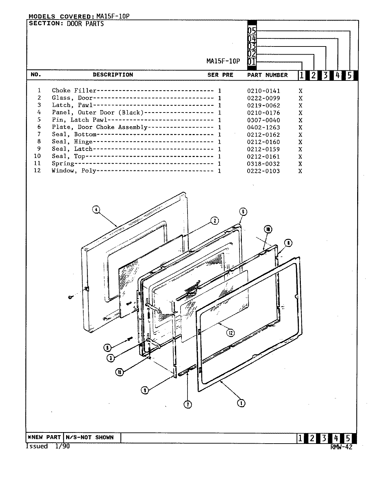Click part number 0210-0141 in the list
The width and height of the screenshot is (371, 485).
pyautogui.click(x=263, y=91)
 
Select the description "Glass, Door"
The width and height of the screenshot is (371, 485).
pyautogui.click(x=72, y=98)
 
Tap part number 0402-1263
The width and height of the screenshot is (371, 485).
pyautogui.click(x=263, y=127)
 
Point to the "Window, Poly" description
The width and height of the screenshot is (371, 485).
pyautogui.click(x=74, y=171)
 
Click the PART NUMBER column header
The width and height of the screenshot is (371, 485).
pyautogui.click(x=267, y=75)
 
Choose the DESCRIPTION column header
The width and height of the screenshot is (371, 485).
pyautogui.click(x=113, y=75)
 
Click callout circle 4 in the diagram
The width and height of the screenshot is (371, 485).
pyautogui.click(x=96, y=209)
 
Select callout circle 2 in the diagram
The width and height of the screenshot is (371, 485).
pyautogui.click(x=214, y=221)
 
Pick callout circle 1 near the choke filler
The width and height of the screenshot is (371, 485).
pyautogui.click(x=241, y=403)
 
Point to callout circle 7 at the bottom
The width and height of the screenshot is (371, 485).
pyautogui.click(x=188, y=405)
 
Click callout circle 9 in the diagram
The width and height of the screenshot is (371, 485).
pyautogui.click(x=145, y=390)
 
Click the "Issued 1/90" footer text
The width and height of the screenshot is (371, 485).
pyautogui.click(x=48, y=446)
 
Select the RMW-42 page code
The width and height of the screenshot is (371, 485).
pyautogui.click(x=341, y=447)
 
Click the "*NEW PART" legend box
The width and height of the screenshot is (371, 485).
pyautogui.click(x=45, y=438)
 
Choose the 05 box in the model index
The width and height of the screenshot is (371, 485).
pyautogui.click(x=252, y=31)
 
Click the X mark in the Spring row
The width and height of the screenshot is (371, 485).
pyautogui.click(x=300, y=164)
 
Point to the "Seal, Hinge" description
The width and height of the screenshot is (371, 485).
pyautogui.click(x=72, y=142)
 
